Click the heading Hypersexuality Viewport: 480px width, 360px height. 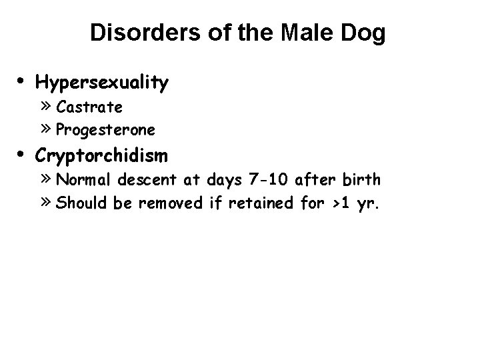click(x=102, y=83)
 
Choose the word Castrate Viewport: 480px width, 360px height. click(x=89, y=107)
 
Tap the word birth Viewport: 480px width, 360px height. click(x=363, y=179)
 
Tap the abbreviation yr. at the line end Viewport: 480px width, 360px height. click(x=366, y=203)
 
